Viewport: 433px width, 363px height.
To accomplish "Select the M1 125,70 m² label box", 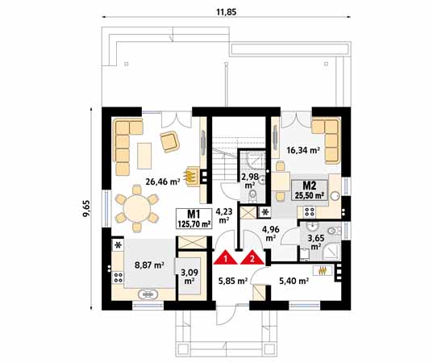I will pos(194,218).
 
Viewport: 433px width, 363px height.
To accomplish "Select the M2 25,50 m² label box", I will pos(308,190).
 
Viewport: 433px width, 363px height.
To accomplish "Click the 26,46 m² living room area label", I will pos(162,181).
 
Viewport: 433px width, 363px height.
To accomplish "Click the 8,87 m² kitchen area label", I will pos(149,264).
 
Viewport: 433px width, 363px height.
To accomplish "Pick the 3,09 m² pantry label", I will pos(189,277).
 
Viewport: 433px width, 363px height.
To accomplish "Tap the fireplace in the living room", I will pos(192,175).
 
